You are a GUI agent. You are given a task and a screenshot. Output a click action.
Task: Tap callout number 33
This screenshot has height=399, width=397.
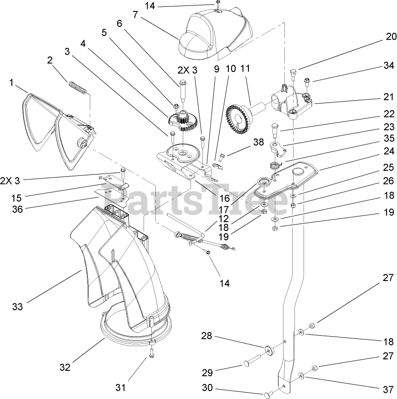coord(17,307)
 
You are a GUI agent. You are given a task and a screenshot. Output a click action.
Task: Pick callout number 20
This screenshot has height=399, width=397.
coord(391,37)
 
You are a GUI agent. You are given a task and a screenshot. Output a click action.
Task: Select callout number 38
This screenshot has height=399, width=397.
coord(259,142)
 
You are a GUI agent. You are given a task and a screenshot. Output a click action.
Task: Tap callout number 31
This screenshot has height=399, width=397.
coord(120,388)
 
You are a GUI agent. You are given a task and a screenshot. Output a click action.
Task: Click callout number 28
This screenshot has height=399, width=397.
coord(207,336)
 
